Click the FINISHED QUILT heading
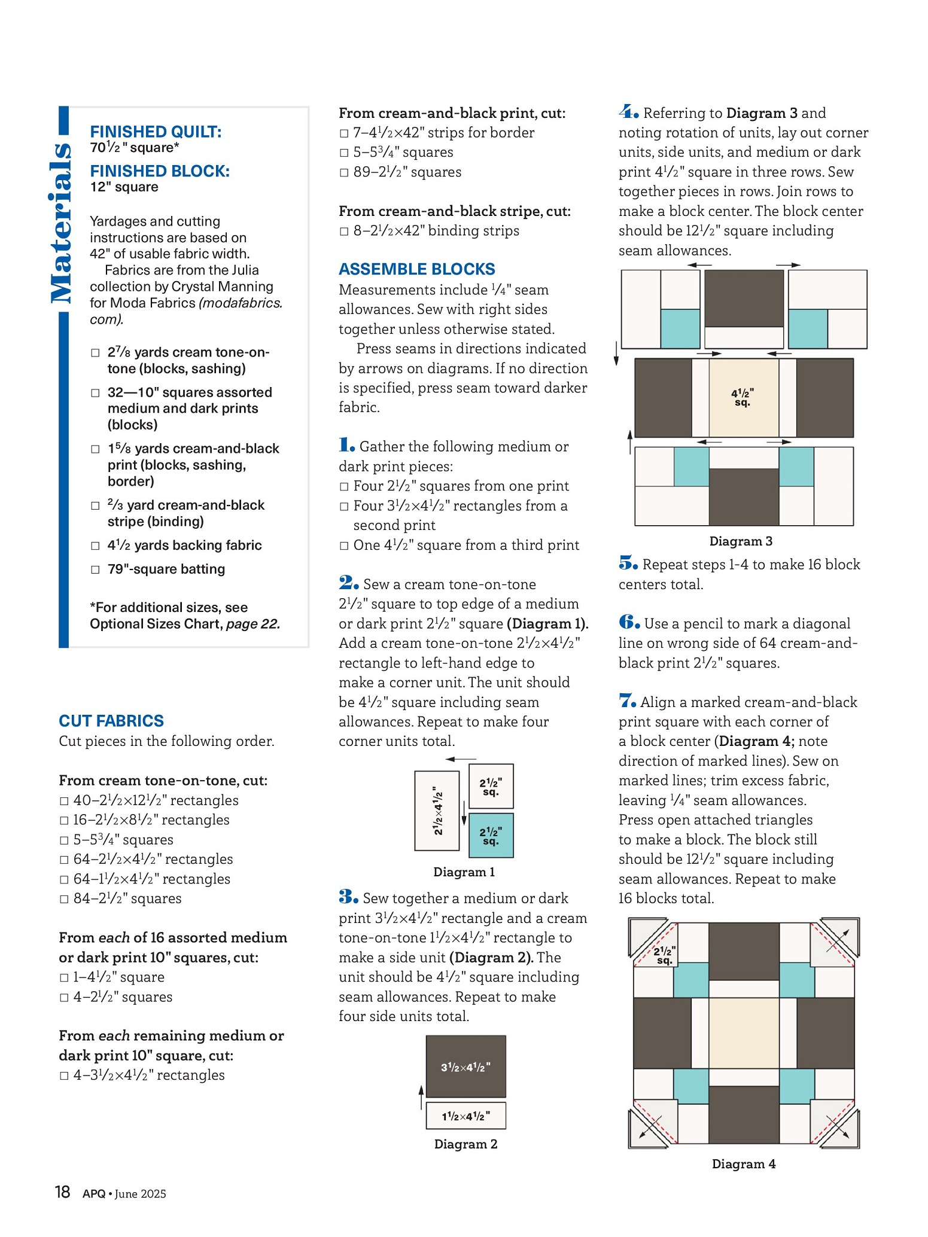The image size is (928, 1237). pos(156,132)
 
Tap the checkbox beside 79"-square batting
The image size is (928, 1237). pos(95,569)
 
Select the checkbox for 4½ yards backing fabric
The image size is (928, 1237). pos(95,546)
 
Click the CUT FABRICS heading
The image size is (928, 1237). pos(111,721)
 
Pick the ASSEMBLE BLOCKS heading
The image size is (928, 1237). pos(416,269)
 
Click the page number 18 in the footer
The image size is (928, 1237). pos(62,1193)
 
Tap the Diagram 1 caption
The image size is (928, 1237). pos(464,872)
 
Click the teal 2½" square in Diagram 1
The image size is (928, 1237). pos(491,836)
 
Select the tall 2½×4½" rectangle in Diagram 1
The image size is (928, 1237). pos(437,811)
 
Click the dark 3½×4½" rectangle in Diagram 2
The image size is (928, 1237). pos(465,1067)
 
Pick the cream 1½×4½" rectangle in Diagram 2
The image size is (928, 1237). pos(465,1116)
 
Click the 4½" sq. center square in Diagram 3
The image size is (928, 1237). pos(743,398)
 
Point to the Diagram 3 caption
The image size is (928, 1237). pos(741,541)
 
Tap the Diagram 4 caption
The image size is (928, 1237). pos(744,1164)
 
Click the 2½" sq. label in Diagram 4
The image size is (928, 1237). pos(664,955)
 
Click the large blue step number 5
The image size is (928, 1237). pos(628,563)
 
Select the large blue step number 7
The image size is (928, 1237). pos(627,701)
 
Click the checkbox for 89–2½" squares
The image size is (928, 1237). pos(343,173)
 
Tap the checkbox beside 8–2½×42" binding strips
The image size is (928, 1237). pos(343,231)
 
